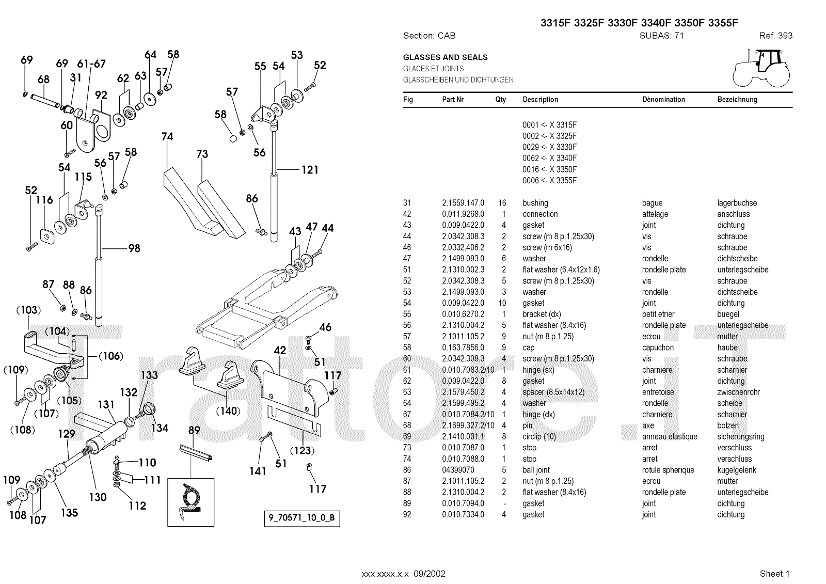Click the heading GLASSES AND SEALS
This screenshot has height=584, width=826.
pos(445,57)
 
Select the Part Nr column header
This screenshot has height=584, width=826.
pos(453,100)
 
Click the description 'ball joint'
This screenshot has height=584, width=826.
pos(536,470)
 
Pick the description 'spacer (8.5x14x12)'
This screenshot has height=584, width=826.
pos(553,392)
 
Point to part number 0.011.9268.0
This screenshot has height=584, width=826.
pos(463,214)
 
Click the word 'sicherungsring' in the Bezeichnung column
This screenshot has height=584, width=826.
pos(740,437)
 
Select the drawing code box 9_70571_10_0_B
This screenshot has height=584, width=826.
pos(302,518)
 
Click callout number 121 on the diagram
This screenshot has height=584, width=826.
pos(310,170)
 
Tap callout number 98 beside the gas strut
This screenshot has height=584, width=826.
pos(134,248)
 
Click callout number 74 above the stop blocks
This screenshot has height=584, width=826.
pos(167,137)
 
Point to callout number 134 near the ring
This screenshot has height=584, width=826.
pos(160,428)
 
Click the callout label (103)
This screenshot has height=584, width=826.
pos(28,310)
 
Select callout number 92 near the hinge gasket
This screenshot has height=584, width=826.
pos(101,95)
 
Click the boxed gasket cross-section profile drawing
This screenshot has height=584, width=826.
pos(190,501)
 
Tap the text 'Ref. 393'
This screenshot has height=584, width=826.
pos(775,36)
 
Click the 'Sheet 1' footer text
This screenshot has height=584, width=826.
pos(774,573)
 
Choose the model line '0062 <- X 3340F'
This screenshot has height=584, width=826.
pos(549,159)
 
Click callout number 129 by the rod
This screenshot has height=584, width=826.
pos(67,434)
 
